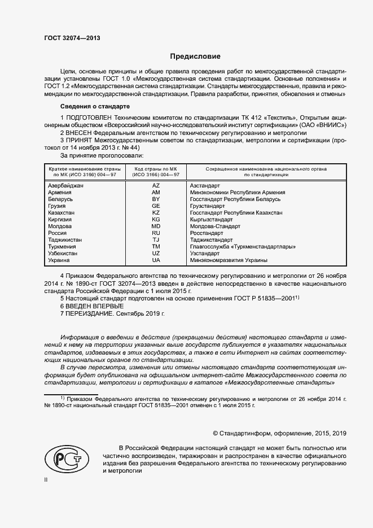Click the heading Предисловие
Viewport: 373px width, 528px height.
tap(195, 56)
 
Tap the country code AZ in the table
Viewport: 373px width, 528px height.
tap(156, 186)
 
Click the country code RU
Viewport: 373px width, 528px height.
tap(156, 233)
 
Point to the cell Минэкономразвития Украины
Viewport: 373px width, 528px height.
tap(229, 260)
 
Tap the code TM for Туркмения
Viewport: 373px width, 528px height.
tap(156, 247)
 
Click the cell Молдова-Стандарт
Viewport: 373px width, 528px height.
tap(215, 226)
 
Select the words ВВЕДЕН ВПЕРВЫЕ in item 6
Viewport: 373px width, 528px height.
tap(95, 306)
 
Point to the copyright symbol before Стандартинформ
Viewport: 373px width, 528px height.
tap(216, 433)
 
